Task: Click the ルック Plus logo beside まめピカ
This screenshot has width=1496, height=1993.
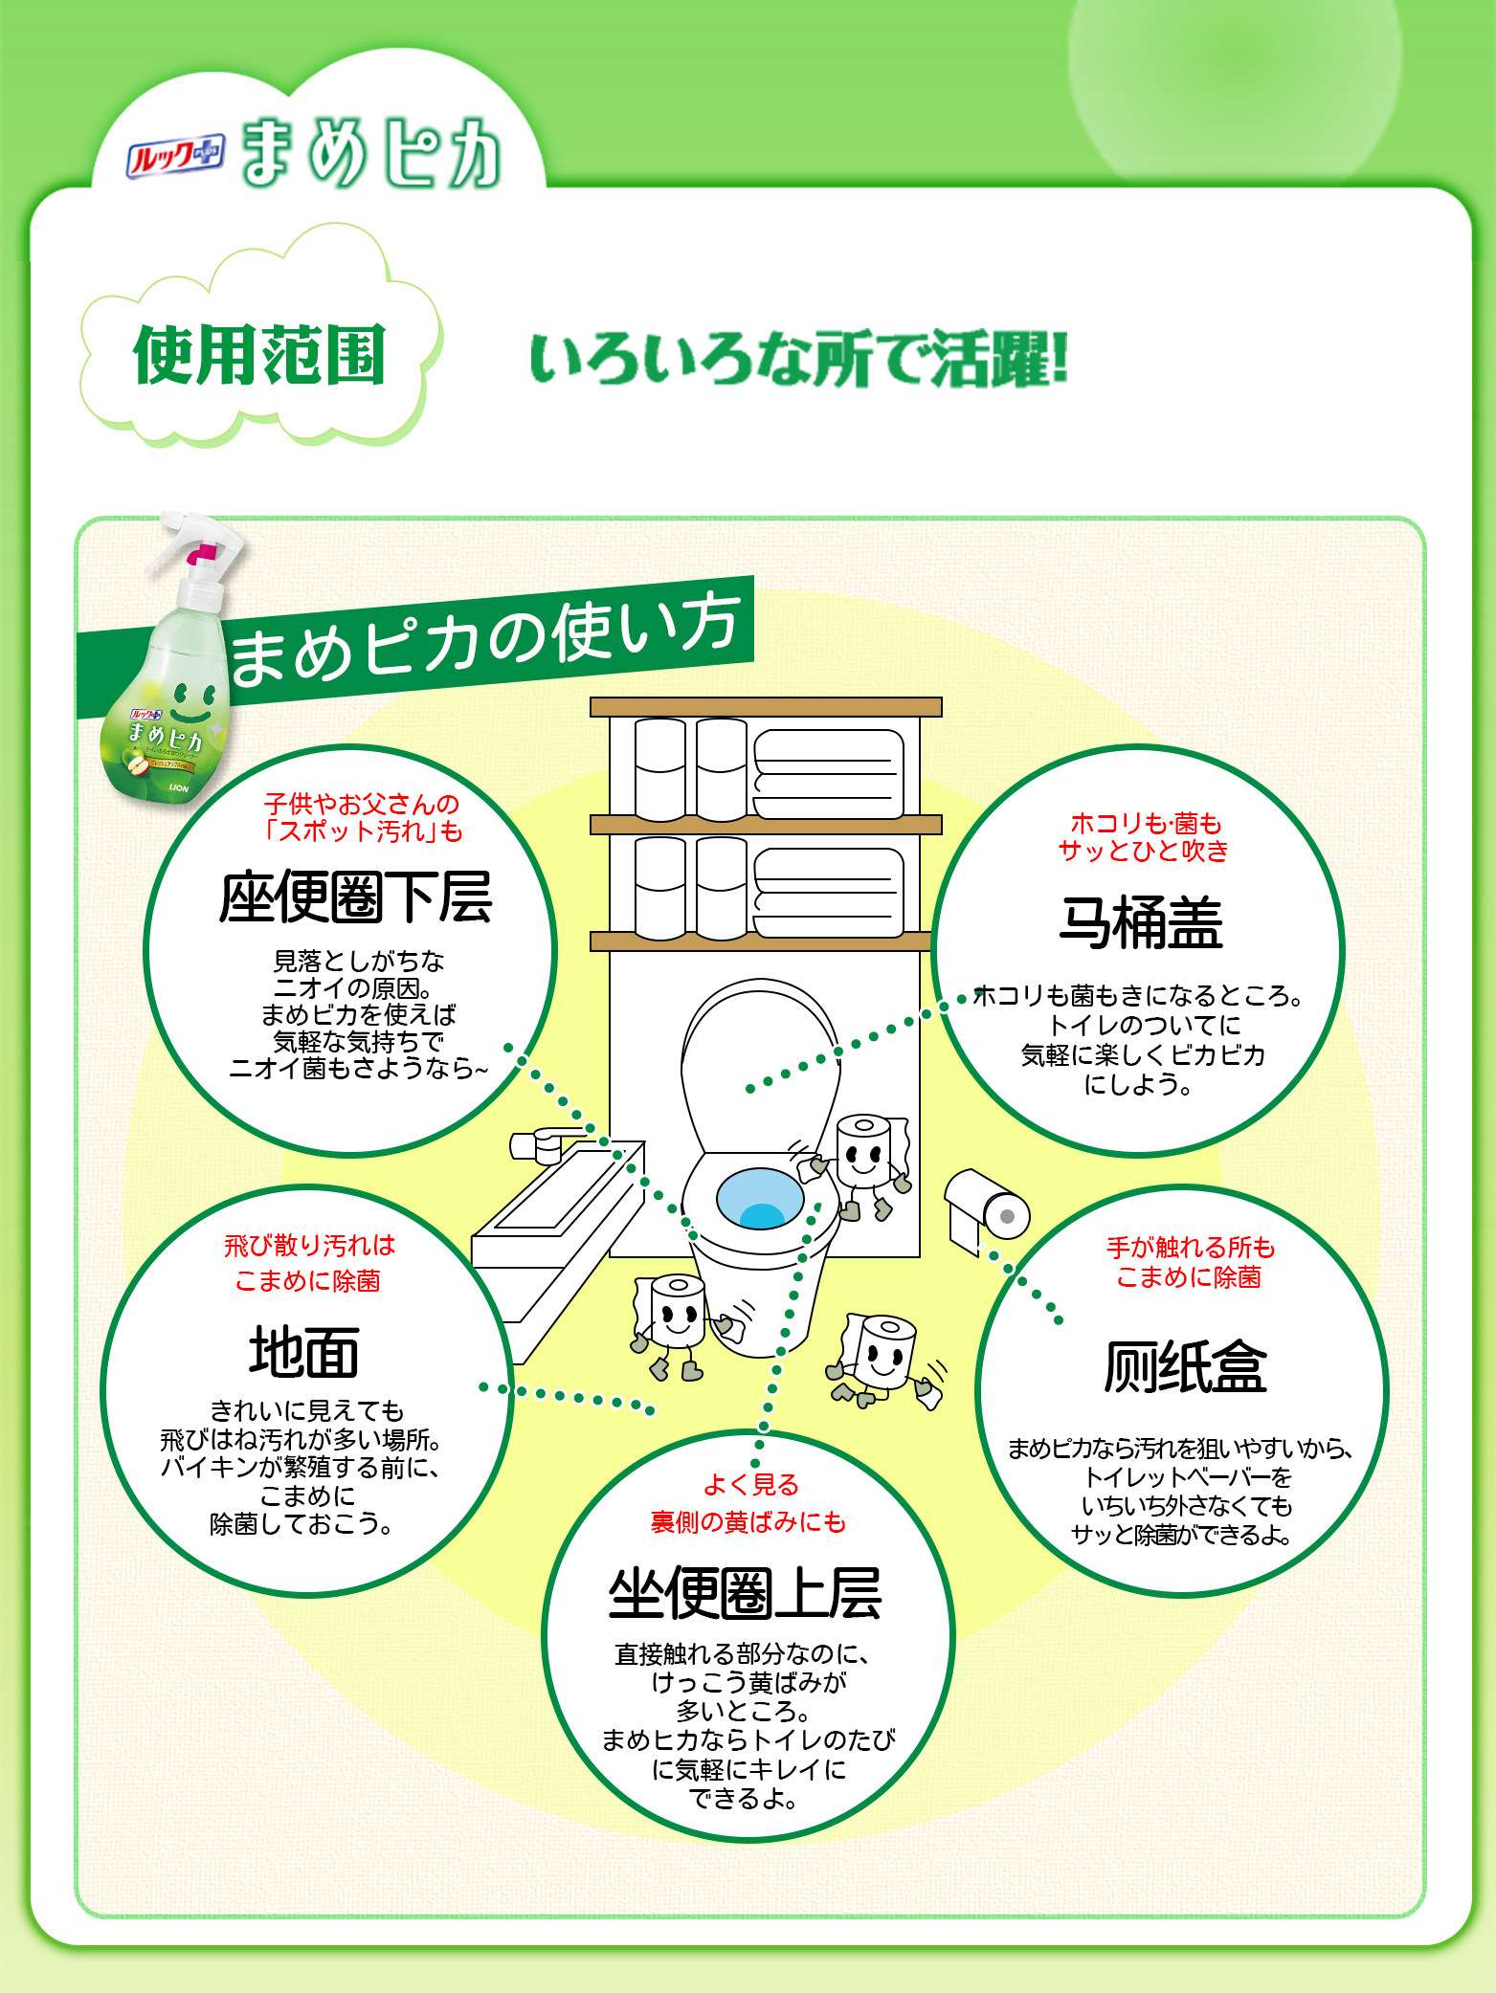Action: coord(175,156)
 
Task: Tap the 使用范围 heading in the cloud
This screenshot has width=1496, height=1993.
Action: coord(259,356)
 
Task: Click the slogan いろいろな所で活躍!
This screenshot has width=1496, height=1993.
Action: coord(798,360)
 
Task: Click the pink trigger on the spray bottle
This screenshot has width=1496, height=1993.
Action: coord(202,554)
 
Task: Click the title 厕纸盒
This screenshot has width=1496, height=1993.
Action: coord(1184,1367)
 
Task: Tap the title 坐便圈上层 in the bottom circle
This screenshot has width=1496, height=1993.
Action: coord(745,1594)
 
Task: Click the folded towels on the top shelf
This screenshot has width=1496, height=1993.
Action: coord(828,774)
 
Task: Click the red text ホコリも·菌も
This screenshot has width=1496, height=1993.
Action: coord(1145,823)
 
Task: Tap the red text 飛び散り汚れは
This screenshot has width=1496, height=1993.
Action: coord(309,1245)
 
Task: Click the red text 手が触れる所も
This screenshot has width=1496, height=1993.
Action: coord(1190,1247)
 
